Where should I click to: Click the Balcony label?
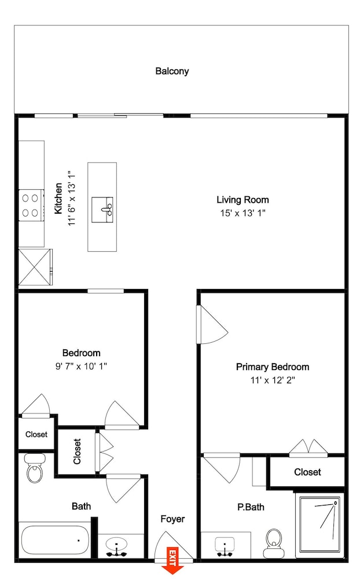(172, 71)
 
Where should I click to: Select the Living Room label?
(243, 200)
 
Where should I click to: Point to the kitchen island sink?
(102, 210)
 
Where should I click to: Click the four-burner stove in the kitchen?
(31, 206)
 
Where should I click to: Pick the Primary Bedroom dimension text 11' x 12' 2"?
(273, 380)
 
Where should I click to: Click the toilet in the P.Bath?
(274, 543)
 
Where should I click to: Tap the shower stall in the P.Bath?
(319, 525)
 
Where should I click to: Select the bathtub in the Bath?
(54, 540)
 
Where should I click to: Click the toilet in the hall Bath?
(34, 468)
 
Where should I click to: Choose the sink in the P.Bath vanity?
(225, 547)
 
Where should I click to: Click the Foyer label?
(172, 519)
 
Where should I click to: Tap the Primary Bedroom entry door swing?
(212, 325)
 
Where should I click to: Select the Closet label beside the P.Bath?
(307, 472)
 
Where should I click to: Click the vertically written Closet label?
(77, 451)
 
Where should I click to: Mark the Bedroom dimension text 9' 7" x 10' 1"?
(81, 367)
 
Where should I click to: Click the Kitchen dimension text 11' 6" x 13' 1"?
(71, 198)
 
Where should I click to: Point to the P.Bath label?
(251, 507)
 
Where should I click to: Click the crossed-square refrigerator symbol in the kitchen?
(35, 267)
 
